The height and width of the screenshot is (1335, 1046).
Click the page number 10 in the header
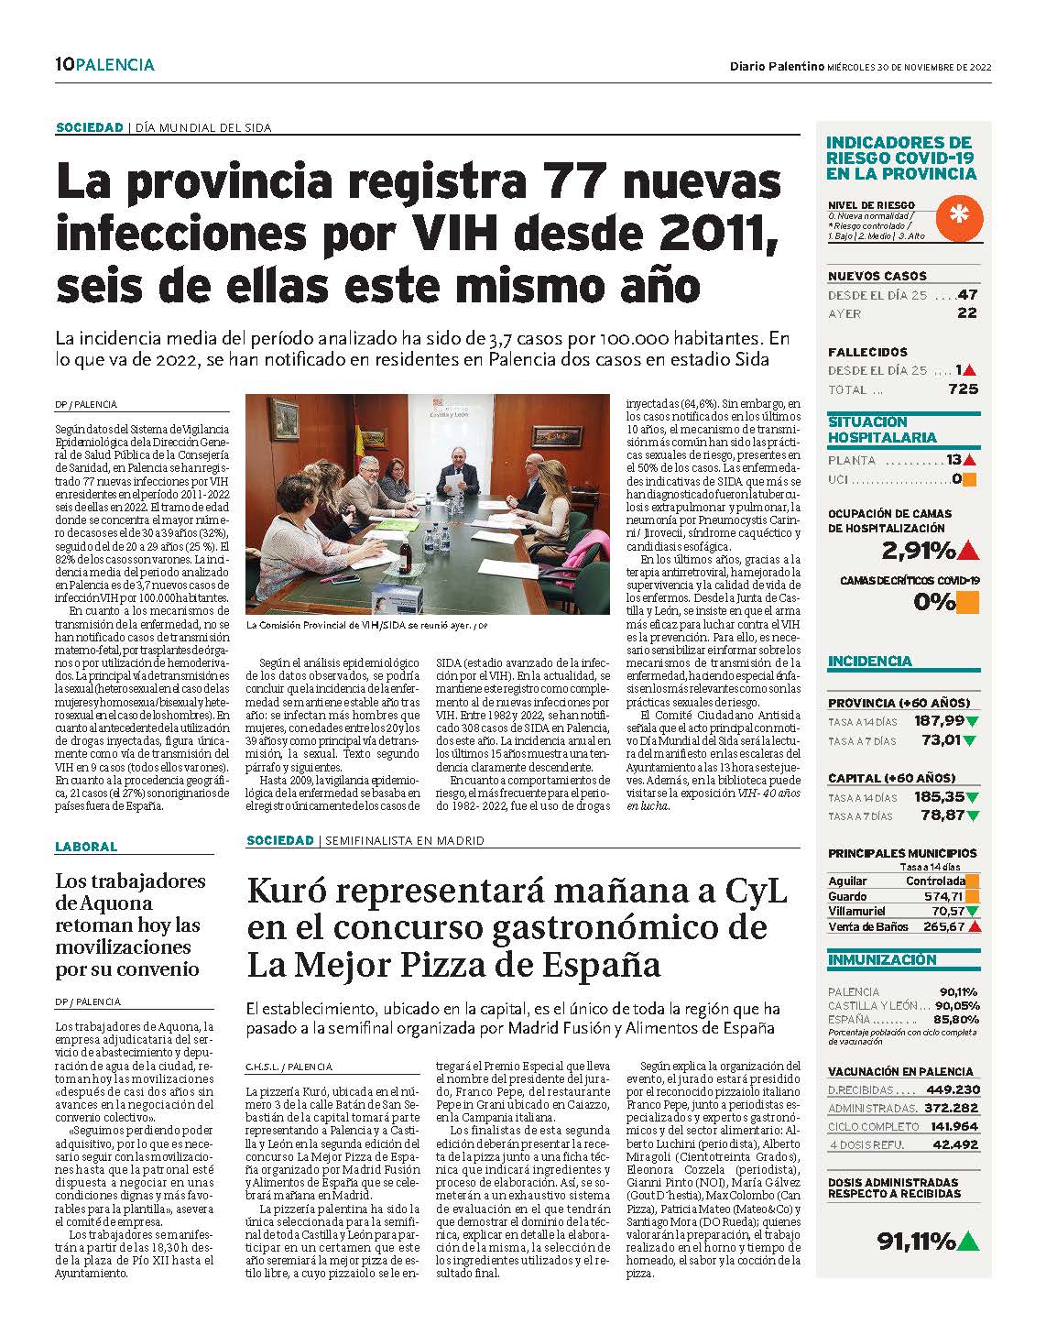pyautogui.click(x=64, y=64)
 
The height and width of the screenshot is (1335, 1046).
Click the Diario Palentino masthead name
pyautogui.click(x=777, y=66)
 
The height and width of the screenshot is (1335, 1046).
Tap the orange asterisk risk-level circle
pyautogui.click(x=959, y=217)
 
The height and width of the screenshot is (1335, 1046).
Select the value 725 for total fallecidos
pyautogui.click(x=963, y=388)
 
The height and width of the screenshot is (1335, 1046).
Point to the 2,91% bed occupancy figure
pyautogui.click(x=918, y=551)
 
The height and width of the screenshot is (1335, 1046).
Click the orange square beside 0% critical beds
pyautogui.click(x=967, y=602)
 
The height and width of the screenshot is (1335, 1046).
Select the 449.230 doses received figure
pyautogui.click(x=953, y=1089)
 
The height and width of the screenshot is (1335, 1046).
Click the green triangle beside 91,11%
pyautogui.click(x=968, y=1242)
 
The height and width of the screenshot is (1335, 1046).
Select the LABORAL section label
pyautogui.click(x=86, y=847)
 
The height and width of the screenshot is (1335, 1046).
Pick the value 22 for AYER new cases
pyautogui.click(x=967, y=313)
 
